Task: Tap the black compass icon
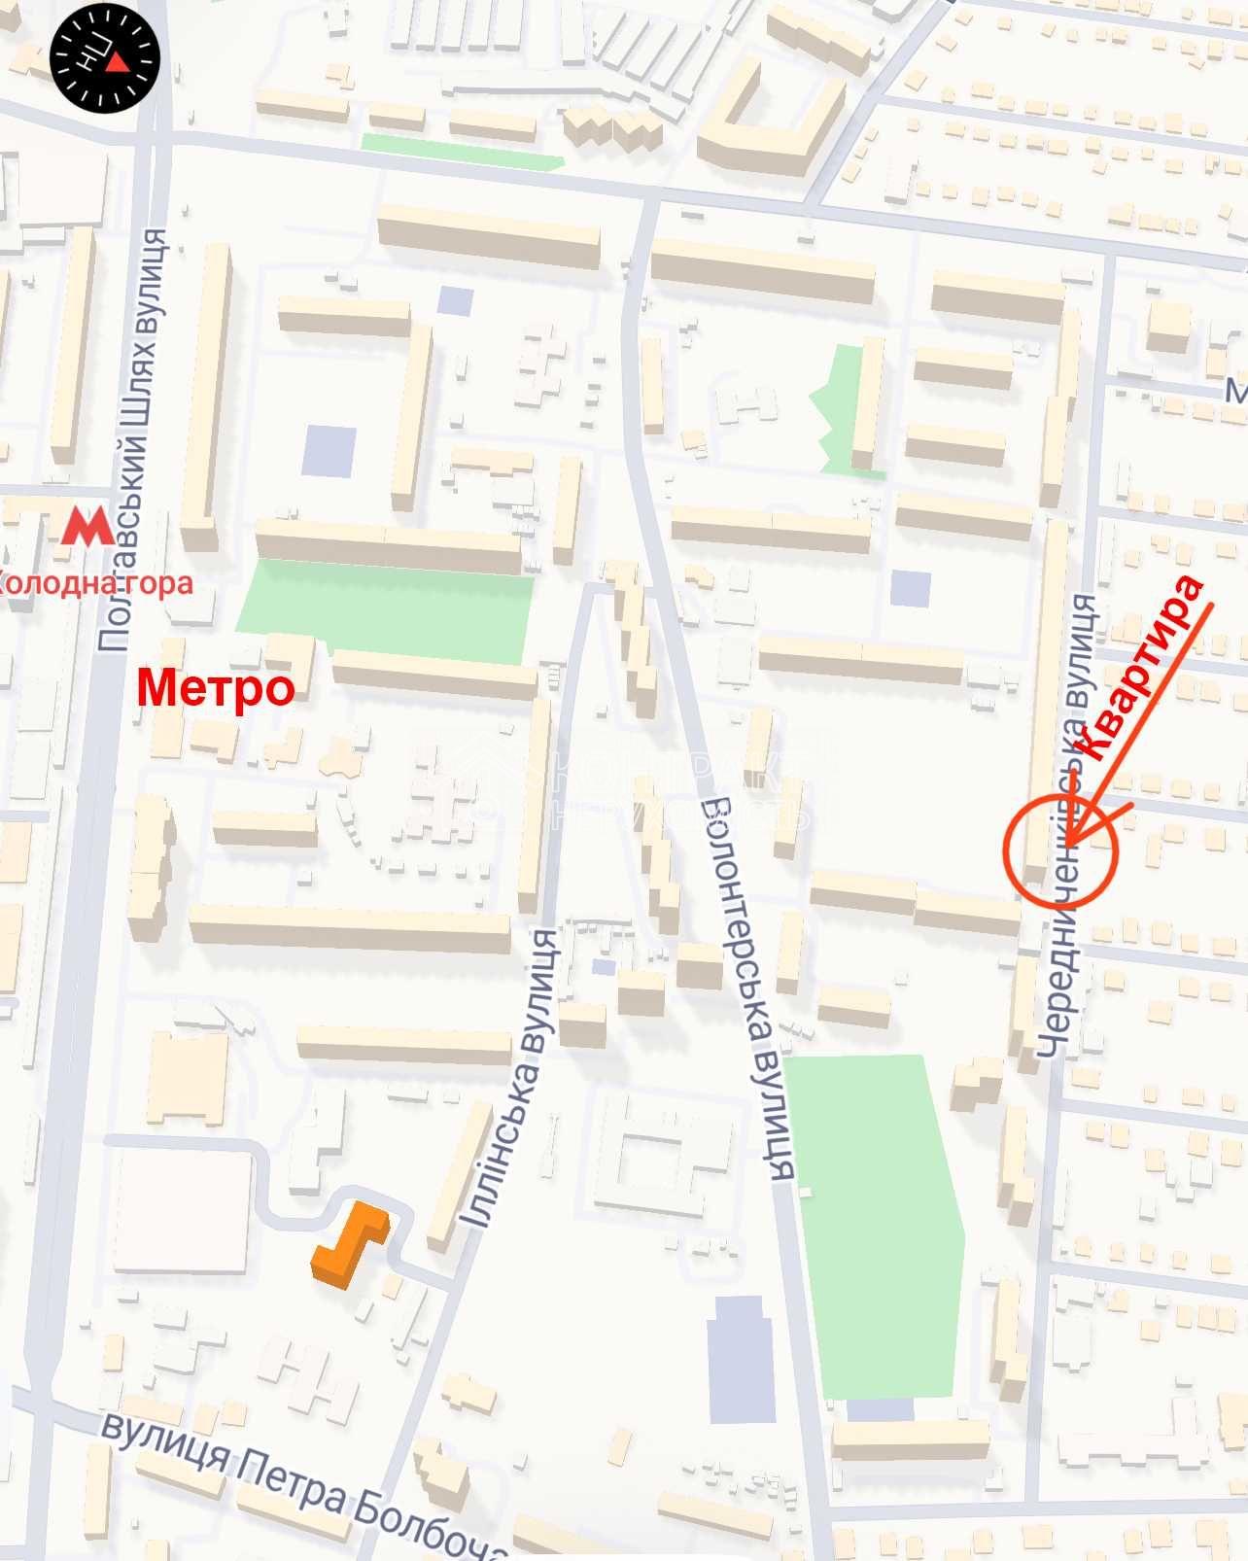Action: coord(105,58)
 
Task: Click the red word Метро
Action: coord(215,688)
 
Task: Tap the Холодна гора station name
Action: coord(97,583)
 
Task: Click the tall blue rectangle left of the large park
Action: coord(742,1359)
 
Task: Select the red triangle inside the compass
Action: coord(117,62)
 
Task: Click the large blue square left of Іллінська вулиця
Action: coord(329,451)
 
